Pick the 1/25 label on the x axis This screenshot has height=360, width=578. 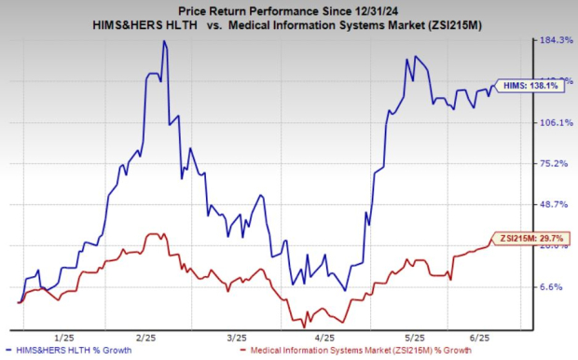pos(63,336)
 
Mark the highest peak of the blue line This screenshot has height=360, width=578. pos(164,41)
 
